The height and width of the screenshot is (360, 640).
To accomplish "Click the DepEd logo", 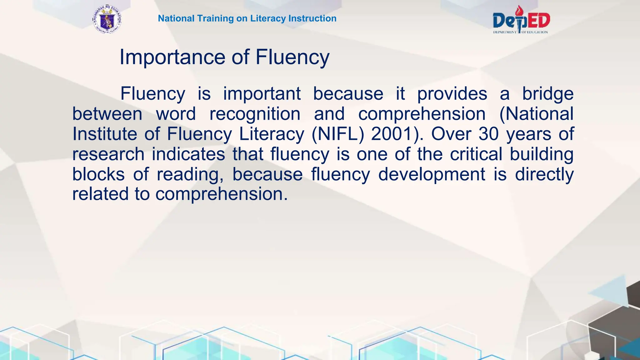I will point(521,20).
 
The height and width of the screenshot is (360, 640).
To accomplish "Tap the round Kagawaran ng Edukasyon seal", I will point(107,20).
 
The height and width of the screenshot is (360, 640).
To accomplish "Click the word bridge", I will point(548,94).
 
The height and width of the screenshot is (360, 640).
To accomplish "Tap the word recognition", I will point(255,114).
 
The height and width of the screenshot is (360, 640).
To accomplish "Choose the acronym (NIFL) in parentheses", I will point(338,134).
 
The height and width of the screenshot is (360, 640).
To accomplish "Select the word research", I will point(108,154).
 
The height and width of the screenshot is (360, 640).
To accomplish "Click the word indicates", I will point(188,154).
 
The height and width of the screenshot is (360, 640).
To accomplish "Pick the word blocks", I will point(98,174).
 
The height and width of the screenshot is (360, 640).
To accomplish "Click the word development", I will point(432,175).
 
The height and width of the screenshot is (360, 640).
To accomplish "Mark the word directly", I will point(544,175).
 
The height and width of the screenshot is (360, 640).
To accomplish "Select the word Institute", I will point(105,134).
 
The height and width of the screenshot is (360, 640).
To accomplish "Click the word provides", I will point(452,94).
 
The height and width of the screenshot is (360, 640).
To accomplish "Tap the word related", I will point(100,194).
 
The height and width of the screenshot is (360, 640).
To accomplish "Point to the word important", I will point(262,94).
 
